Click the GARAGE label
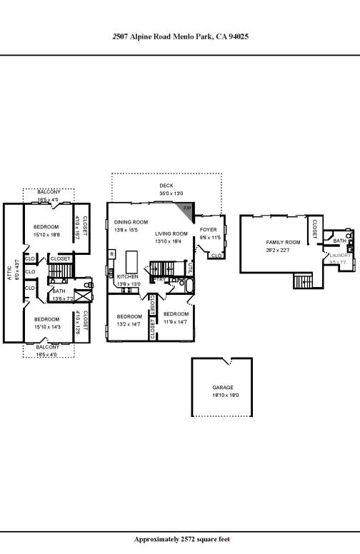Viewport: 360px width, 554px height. (x=222, y=387)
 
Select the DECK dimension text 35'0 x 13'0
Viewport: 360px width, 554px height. (x=166, y=193)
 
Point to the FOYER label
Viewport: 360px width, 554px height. (x=208, y=230)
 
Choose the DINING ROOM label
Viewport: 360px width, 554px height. (x=131, y=222)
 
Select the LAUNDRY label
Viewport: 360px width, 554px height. (x=339, y=255)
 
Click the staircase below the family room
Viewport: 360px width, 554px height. (x=304, y=281)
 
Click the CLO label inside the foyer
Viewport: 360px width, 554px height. (x=216, y=255)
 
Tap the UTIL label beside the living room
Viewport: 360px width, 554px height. (x=191, y=268)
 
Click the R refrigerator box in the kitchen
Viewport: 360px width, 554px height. (x=111, y=253)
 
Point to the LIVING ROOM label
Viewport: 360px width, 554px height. (x=171, y=233)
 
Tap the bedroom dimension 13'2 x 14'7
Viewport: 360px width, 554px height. (x=129, y=323)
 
